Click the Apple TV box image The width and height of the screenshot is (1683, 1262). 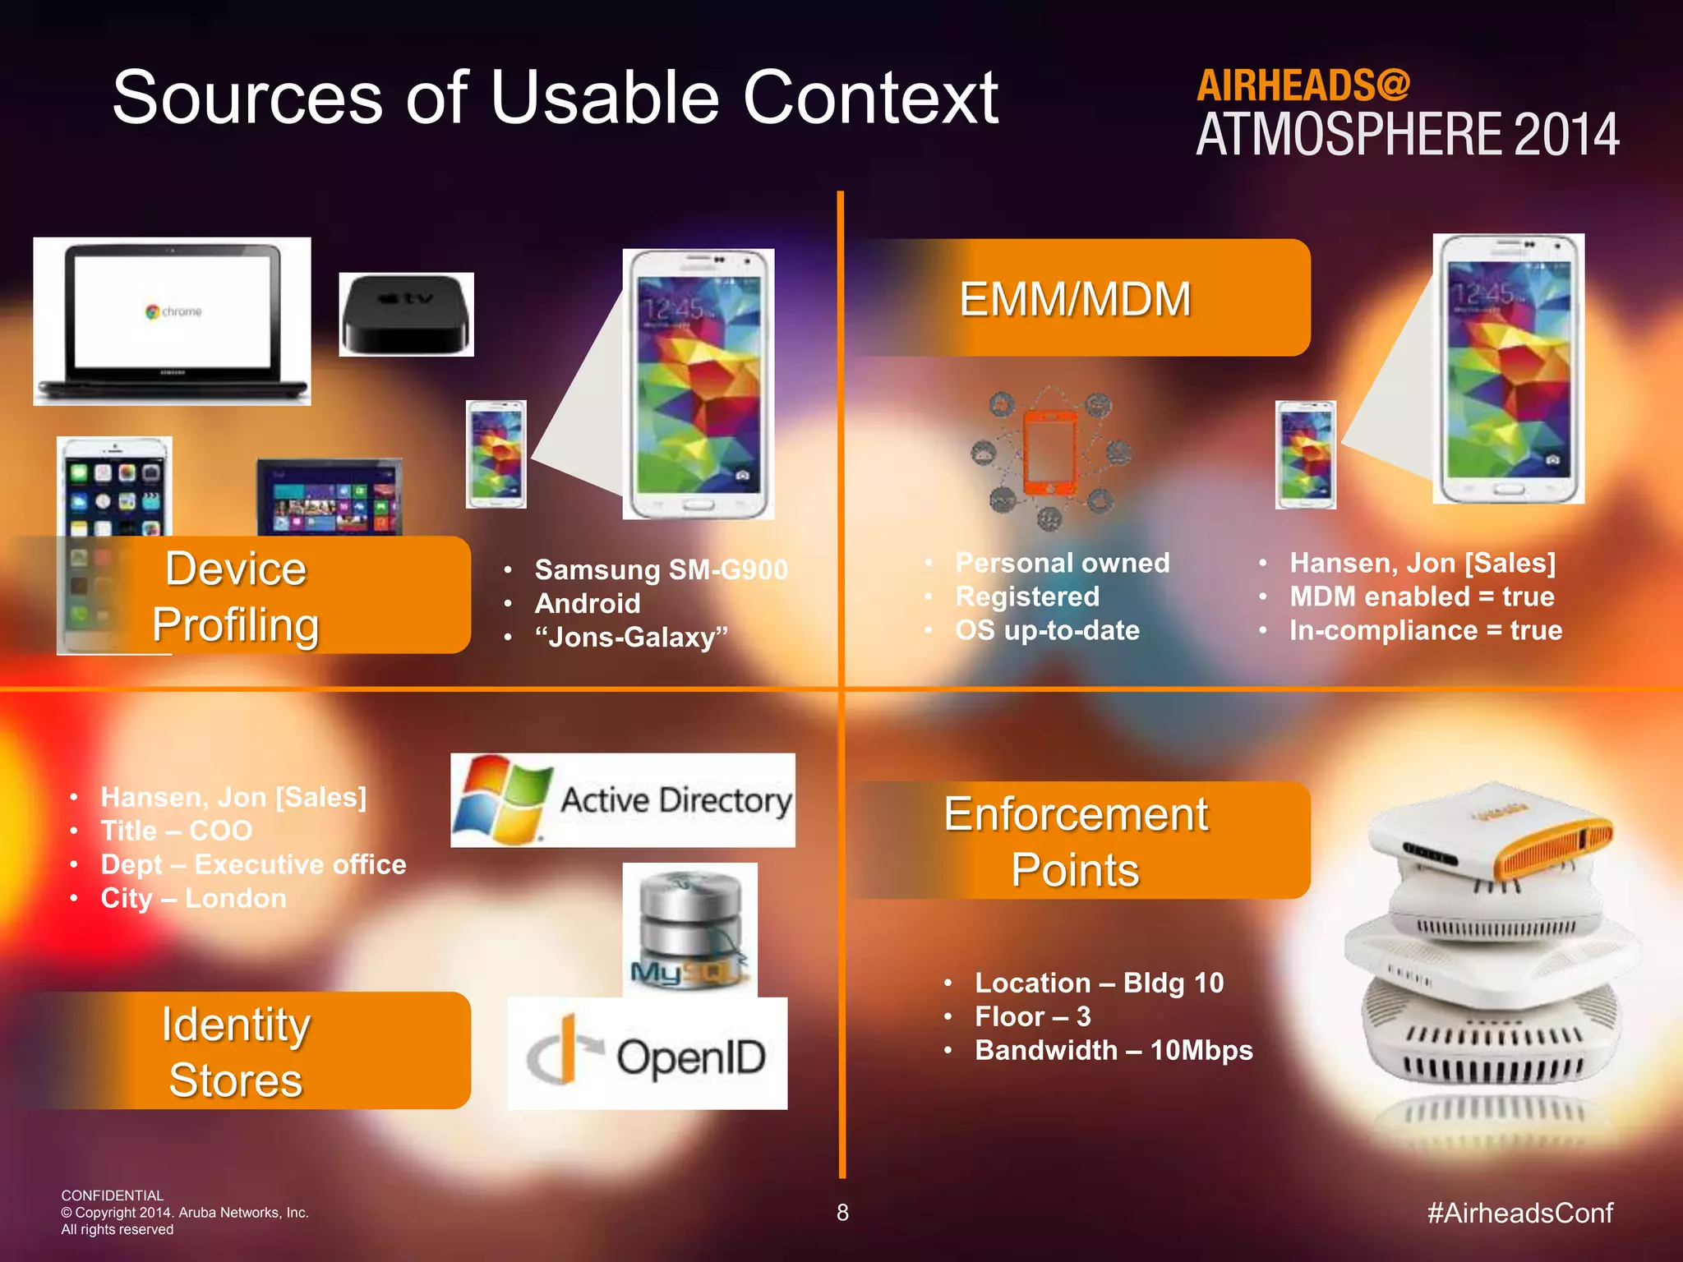point(406,315)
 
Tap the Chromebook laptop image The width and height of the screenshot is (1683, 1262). point(172,321)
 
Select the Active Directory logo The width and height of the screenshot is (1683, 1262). point(622,799)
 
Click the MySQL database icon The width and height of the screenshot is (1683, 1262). point(689,929)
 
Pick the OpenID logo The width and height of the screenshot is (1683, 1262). point(648,1054)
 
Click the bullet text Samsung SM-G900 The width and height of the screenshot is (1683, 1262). point(661,569)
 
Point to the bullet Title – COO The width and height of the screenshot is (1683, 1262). point(176,831)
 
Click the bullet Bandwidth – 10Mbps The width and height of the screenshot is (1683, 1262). point(1114,1050)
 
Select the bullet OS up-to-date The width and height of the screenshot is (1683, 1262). point(1047,630)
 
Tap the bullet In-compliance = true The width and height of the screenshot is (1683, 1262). point(1425,630)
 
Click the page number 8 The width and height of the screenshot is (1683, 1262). point(842,1213)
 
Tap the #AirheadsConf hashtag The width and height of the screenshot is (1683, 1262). point(1519,1213)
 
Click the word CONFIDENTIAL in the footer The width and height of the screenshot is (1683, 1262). point(113,1195)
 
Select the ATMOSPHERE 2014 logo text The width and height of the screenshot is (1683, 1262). point(1407,136)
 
